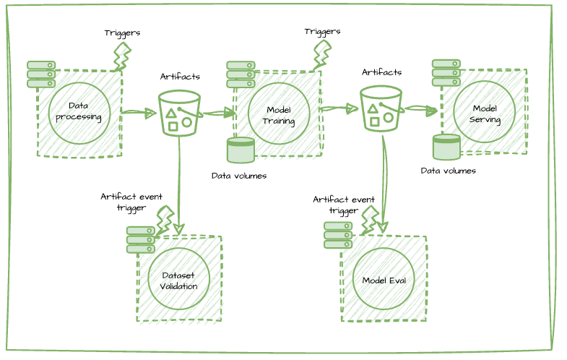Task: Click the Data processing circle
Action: click(x=79, y=113)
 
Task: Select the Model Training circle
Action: click(x=279, y=113)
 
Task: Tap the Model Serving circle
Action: click(x=485, y=111)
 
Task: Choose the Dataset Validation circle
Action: click(x=178, y=279)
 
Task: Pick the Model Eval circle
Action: click(x=384, y=279)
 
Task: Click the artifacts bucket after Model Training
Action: click(x=380, y=108)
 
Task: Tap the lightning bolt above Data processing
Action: click(x=122, y=56)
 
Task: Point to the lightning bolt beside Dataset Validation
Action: click(x=165, y=219)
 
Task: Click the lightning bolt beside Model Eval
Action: click(x=370, y=219)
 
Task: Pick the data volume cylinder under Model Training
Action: click(x=241, y=150)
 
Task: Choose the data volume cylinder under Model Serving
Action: click(x=446, y=147)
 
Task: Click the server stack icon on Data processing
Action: click(x=41, y=74)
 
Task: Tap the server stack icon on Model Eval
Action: click(x=337, y=235)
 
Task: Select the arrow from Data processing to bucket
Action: click(x=139, y=112)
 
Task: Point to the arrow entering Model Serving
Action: click(x=421, y=109)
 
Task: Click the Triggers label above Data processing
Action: click(x=122, y=33)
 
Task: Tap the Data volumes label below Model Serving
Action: click(x=448, y=171)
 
